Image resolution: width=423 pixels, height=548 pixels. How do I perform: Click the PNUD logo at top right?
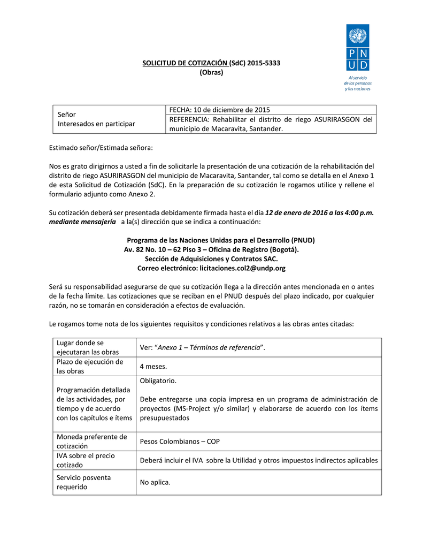[x=358, y=48]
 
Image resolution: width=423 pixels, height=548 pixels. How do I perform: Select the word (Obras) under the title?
[x=211, y=72]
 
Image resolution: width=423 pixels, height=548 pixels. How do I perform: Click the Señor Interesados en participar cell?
[x=96, y=119]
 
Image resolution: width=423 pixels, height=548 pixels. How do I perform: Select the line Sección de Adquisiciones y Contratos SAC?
[x=211, y=258]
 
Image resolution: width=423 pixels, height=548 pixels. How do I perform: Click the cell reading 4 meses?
[x=153, y=367]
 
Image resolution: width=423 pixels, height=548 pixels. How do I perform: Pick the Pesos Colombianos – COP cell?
[x=180, y=442]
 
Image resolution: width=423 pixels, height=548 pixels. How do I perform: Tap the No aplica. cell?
[x=155, y=482]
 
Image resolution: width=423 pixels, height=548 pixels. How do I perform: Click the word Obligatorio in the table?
[x=158, y=380]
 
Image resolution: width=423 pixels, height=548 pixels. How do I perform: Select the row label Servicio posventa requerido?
[x=84, y=482]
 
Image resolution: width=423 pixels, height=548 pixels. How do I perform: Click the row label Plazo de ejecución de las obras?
[x=90, y=367]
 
